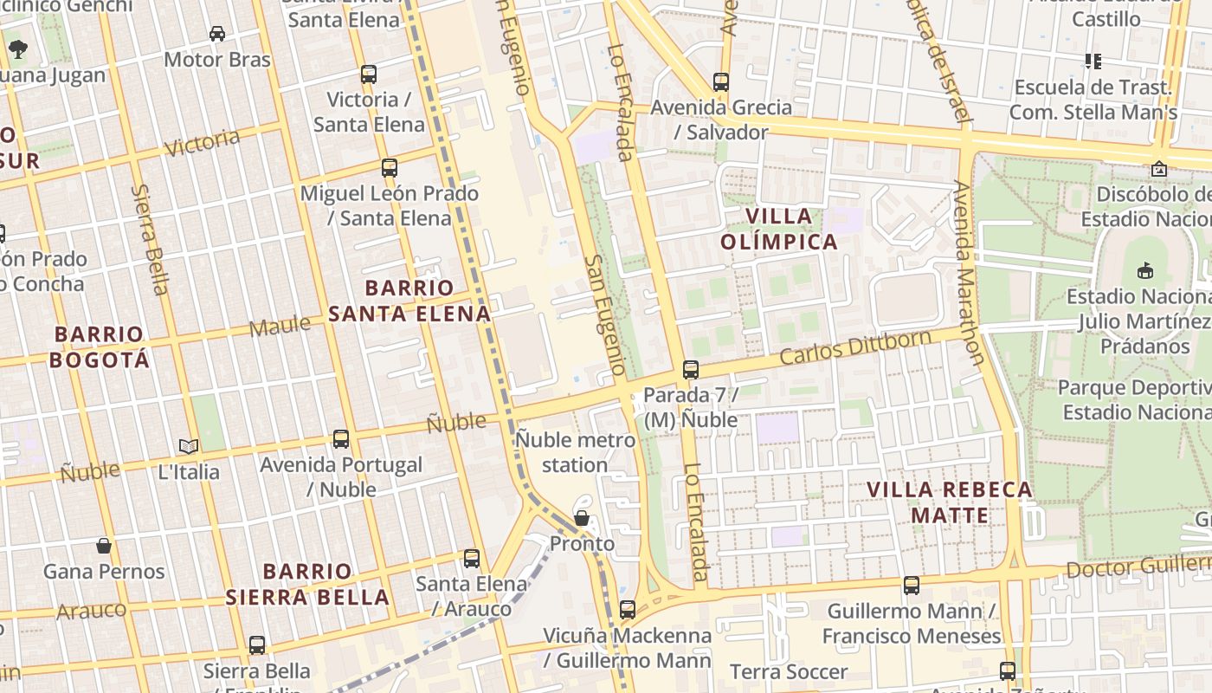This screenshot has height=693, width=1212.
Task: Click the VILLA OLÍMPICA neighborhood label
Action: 780,229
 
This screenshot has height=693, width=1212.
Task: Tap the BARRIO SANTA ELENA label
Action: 409,301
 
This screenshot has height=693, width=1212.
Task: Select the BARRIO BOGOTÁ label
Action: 99,346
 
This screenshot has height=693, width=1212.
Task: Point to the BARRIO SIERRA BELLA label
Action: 307,584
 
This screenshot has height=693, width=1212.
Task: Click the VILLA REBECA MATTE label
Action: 950,502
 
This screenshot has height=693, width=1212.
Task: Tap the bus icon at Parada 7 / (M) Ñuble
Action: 691,370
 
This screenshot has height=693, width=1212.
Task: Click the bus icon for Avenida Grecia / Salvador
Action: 721,82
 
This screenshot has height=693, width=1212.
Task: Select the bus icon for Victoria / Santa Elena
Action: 369,74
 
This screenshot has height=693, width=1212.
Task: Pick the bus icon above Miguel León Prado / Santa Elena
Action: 390,168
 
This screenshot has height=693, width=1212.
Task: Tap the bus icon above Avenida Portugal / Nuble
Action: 341,439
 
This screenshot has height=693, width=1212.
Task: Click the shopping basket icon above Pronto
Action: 582,518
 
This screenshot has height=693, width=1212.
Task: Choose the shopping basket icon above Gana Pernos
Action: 104,546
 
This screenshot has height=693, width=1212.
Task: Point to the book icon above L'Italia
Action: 189,446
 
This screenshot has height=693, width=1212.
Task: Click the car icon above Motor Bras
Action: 217,34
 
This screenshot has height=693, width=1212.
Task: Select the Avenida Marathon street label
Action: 968,272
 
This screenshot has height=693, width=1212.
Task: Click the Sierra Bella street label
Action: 149,239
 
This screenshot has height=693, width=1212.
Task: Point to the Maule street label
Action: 280,327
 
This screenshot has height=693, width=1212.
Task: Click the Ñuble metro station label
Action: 576,452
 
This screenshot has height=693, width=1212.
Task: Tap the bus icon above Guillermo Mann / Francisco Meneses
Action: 912,586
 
